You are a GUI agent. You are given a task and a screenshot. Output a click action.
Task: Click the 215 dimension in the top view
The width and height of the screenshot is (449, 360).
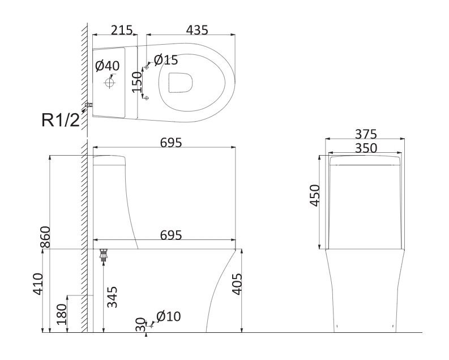tap(122, 30)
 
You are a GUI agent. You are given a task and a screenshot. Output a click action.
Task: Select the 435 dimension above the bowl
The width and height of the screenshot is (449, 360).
tap(197, 30)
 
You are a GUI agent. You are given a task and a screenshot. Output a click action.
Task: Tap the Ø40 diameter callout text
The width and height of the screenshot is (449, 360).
tap(108, 66)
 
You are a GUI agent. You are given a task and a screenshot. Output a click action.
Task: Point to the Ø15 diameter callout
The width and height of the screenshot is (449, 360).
tap(166, 60)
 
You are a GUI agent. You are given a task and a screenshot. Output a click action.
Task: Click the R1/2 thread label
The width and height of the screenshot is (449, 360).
tap(61, 119)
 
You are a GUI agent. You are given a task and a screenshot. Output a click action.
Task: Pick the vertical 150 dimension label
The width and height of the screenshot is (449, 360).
tap(137, 82)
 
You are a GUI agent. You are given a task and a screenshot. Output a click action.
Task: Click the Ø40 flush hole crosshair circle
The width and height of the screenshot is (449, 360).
tap(110, 83)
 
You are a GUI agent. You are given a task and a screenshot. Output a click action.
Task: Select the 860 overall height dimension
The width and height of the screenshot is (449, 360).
tap(45, 237)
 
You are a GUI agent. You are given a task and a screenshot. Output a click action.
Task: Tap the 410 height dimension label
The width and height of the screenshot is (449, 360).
tap(38, 284)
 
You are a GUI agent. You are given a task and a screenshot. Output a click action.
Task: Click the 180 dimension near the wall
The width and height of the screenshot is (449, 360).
tap(62, 315)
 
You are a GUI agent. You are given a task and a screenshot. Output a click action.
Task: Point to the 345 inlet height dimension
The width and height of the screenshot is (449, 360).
tap(112, 297)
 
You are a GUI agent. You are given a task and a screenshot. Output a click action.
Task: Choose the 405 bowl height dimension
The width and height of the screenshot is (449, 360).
tap(237, 284)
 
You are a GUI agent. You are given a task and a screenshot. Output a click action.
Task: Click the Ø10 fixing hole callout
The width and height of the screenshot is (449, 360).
tap(169, 316)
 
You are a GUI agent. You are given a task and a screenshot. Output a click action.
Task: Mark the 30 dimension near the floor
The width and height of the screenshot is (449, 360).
tap(140, 324)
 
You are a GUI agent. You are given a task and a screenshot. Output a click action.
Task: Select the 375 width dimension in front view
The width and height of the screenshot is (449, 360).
tap(366, 134)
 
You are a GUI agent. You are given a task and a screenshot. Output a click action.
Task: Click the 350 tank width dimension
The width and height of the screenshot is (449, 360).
tap(366, 148)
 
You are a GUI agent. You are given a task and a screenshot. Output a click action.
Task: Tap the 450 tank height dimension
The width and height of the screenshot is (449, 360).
tap(314, 195)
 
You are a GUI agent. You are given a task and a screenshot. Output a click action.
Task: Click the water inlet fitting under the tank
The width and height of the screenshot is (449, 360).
tap(104, 255)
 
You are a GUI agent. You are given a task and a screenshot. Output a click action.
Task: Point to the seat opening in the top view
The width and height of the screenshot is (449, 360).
tap(180, 83)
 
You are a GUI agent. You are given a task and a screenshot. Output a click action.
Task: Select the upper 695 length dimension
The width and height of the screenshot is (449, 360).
tap(171, 143)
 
